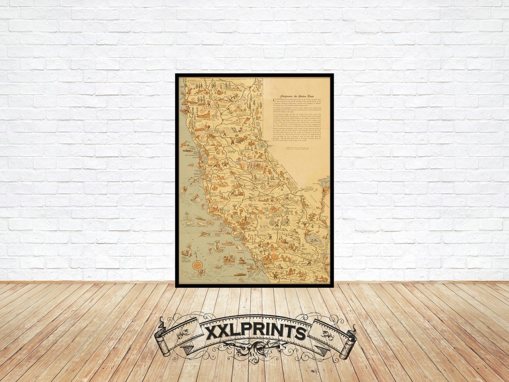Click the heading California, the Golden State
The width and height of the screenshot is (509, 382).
(296, 96)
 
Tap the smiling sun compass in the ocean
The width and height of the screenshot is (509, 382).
(197, 265)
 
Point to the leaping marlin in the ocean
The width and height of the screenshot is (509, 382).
(204, 233)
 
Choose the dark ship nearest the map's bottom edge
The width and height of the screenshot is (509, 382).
(239, 274)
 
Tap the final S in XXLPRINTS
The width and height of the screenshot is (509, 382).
(300, 333)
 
